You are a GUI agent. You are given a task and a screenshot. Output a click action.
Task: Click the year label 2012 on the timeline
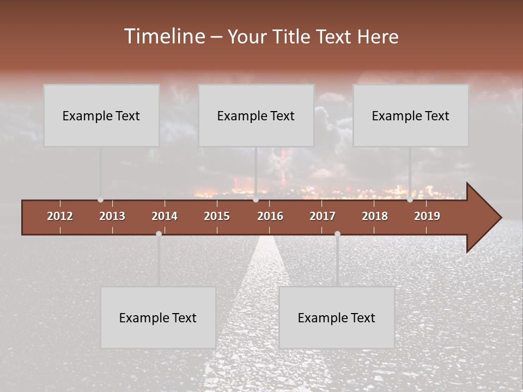click(60, 216)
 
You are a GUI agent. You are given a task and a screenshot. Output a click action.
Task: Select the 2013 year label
click(112, 216)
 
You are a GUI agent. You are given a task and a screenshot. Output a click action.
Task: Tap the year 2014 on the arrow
click(165, 216)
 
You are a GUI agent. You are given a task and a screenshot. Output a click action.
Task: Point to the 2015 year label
click(217, 216)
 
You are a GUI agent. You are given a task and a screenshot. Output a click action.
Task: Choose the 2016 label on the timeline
click(270, 216)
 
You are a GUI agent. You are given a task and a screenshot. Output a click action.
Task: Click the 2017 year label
click(323, 216)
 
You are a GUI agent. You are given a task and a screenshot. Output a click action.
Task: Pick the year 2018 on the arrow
click(375, 216)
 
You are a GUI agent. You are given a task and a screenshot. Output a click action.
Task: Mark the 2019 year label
click(427, 216)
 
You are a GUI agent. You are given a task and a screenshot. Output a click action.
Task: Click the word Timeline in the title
click(163, 36)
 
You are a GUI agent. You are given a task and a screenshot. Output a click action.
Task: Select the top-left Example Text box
click(101, 115)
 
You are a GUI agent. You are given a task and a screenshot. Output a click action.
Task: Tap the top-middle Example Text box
click(256, 115)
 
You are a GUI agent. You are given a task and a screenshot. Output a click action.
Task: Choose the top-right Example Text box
click(411, 115)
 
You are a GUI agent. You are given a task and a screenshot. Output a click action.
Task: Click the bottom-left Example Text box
click(158, 317)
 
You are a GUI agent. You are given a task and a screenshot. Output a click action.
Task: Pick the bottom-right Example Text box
click(337, 317)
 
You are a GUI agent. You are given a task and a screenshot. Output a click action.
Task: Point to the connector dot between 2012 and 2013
click(100, 200)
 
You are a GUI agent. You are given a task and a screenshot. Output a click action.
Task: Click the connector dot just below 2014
click(159, 234)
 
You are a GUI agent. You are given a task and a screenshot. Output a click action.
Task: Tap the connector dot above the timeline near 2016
click(256, 200)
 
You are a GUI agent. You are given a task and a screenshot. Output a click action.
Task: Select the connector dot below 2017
click(337, 234)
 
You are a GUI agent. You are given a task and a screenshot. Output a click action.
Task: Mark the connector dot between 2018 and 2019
click(410, 200)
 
